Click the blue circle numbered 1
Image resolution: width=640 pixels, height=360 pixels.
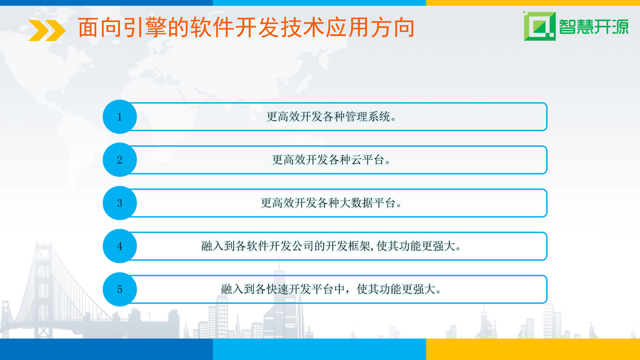coord(120,117)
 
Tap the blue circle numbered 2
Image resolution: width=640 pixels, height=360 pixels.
coord(120,159)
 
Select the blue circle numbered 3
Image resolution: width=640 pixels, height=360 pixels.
coord(120,203)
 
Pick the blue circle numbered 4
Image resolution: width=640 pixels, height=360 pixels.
coord(120,246)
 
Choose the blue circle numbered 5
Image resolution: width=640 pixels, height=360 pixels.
coord(120,289)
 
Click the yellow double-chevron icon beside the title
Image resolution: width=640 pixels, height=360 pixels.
coord(47,30)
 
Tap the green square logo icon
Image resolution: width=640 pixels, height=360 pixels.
coord(539,26)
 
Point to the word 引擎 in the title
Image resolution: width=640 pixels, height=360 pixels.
coord(146,28)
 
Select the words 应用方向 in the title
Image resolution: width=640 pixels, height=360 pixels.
coord(370,28)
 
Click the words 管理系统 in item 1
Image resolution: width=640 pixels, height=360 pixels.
coord(368,117)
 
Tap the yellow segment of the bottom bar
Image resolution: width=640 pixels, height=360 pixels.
coord(533,349)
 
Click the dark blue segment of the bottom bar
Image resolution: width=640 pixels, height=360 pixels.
coord(106,349)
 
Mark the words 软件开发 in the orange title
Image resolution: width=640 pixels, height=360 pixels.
coord(234,28)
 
